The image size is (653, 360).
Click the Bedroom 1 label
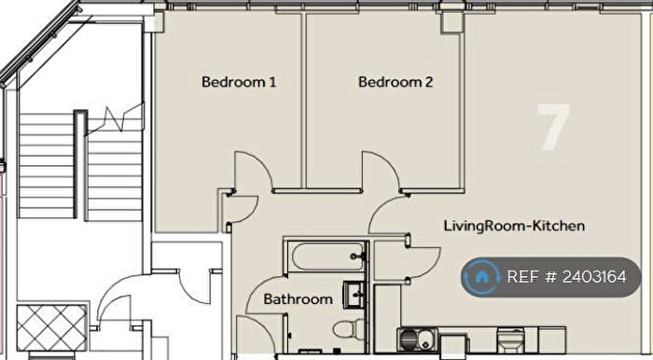pyautogui.click(x=239, y=82)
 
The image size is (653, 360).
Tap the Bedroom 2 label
pyautogui.click(x=396, y=82)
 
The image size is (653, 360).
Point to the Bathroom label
pyautogui.click(x=298, y=299)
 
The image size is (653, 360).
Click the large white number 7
pyautogui.click(x=551, y=128)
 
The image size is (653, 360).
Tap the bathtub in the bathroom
pyautogui.click(x=326, y=255)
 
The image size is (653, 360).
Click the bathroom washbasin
pyautogui.click(x=355, y=294)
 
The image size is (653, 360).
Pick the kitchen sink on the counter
pyautogui.click(x=416, y=337)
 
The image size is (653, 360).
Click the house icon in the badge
pyautogui.click(x=482, y=277)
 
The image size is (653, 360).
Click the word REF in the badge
pyautogui.click(x=522, y=277)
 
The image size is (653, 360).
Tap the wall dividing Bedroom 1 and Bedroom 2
pyautogui.click(x=304, y=103)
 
